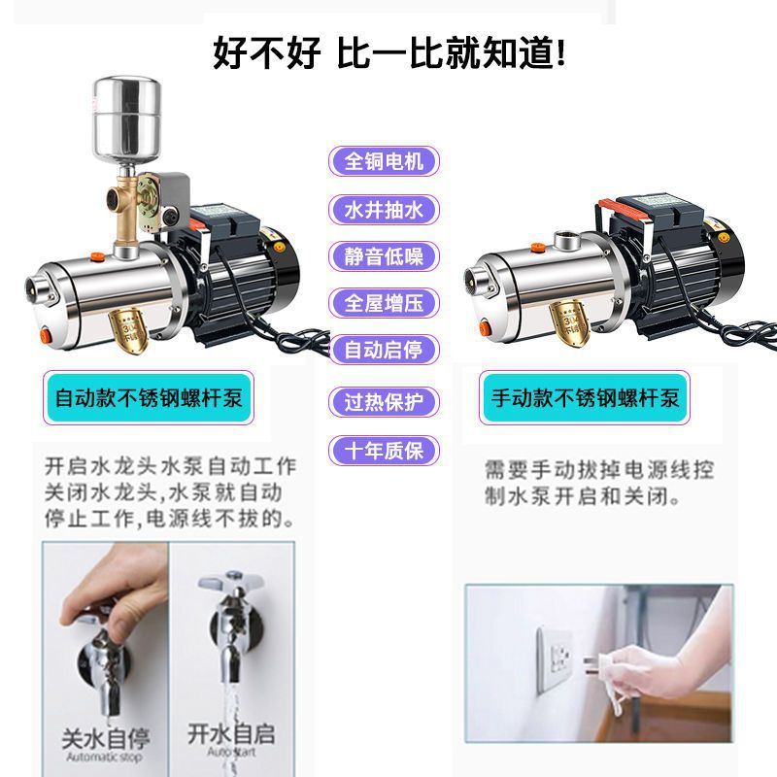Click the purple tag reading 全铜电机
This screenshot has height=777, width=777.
[x=385, y=161]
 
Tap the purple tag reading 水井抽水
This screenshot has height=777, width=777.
[x=385, y=209]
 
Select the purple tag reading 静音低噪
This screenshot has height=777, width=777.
[x=385, y=256]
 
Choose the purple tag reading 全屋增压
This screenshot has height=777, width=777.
[x=385, y=303]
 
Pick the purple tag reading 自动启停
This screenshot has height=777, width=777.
[x=385, y=350]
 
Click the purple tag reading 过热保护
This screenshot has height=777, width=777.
[x=385, y=401]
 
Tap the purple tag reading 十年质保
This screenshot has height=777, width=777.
[x=385, y=451]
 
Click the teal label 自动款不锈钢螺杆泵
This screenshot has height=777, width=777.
[x=150, y=397]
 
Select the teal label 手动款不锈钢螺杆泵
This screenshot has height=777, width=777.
[x=586, y=397]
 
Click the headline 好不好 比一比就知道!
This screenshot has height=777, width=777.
[x=388, y=52]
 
